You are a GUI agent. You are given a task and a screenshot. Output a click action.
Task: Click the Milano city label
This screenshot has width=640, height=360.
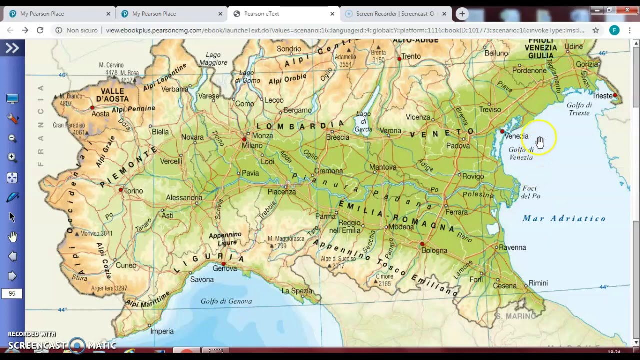click(252, 145)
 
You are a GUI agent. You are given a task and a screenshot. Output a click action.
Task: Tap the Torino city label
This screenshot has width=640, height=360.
click(133, 191)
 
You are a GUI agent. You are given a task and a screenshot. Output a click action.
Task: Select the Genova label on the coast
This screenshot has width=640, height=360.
click(225, 268)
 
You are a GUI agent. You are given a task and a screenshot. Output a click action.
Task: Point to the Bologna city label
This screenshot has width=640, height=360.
click(434, 250)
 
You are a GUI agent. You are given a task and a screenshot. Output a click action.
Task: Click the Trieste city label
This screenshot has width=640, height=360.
click(602, 96)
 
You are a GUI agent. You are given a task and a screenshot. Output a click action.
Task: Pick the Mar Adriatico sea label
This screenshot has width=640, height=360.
click(564, 218)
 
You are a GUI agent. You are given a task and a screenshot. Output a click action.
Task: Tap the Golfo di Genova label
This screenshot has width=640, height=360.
click(226, 301)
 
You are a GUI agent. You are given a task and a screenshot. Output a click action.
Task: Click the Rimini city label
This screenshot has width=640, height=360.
click(538, 283)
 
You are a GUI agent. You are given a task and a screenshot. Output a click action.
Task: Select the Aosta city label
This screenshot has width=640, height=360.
click(100, 114)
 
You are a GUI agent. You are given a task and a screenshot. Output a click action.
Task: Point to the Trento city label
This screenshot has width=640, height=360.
click(411, 56)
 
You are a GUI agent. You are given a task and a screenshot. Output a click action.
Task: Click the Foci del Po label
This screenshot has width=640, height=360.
click(530, 192)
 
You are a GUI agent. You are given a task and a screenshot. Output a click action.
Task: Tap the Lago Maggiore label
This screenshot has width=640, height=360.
click(213, 59)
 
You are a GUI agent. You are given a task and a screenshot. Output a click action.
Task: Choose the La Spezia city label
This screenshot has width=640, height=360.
click(297, 291)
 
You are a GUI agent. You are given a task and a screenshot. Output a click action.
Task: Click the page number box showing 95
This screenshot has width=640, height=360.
click(12, 293)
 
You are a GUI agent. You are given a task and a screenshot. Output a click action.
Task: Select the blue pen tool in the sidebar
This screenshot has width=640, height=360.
click(12, 198)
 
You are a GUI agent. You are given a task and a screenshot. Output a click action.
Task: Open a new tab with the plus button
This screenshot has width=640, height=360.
click(462, 14)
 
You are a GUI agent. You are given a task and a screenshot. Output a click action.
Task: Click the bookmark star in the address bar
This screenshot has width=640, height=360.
click(595, 30)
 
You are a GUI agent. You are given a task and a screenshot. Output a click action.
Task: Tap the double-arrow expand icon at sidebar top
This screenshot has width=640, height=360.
click(12, 48)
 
